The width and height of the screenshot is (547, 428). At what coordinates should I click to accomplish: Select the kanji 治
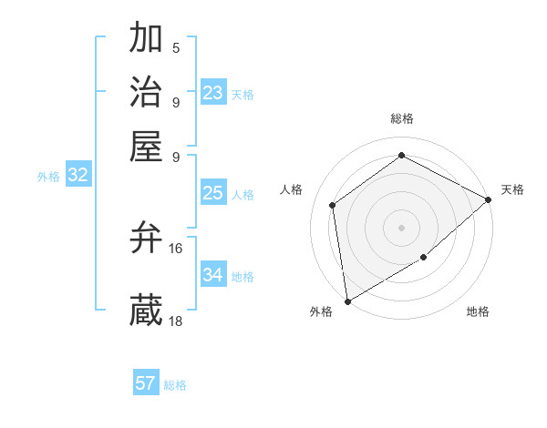[x=146, y=94]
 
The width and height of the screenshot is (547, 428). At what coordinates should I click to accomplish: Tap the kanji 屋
[x=146, y=147]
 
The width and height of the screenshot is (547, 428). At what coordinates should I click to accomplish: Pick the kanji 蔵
[x=146, y=311]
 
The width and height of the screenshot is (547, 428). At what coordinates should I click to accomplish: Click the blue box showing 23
[x=213, y=93]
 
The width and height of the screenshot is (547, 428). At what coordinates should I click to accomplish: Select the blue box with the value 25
[x=213, y=193]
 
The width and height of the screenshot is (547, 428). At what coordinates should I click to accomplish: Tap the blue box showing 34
[x=213, y=275]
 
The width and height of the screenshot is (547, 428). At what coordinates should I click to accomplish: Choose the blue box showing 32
[x=78, y=176]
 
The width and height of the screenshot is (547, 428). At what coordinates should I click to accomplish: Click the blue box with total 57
[x=146, y=383]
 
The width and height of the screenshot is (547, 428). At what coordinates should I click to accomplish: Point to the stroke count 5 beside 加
[x=176, y=48]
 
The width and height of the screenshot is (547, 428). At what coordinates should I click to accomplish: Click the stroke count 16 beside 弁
[x=176, y=248]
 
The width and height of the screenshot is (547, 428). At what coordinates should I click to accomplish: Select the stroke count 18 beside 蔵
[x=176, y=320]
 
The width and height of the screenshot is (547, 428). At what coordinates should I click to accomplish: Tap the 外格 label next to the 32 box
[x=48, y=177]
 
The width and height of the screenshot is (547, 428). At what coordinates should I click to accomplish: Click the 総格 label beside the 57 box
[x=175, y=385]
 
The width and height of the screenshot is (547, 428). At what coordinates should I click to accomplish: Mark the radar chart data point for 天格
[x=489, y=200]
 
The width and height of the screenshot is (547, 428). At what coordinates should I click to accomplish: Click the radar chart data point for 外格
[x=347, y=301]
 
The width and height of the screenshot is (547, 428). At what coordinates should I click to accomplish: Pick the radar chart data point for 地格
[x=423, y=258]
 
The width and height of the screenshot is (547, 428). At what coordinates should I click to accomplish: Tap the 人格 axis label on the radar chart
[x=292, y=189]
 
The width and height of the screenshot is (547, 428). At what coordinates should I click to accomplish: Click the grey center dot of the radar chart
[x=401, y=227]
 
